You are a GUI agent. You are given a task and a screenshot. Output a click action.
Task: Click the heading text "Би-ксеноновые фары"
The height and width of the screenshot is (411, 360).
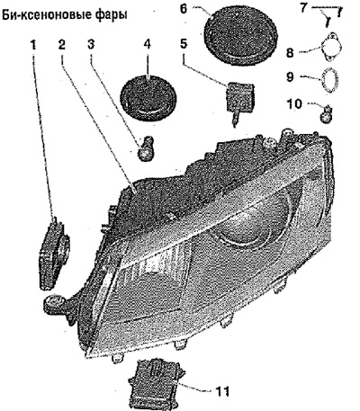[64, 14]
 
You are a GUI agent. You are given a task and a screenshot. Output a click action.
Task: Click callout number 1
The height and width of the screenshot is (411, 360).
[33, 45]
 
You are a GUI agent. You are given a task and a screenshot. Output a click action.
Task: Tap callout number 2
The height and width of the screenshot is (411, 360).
[62, 45]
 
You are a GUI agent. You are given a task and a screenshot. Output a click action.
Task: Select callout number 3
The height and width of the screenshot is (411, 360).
[91, 44]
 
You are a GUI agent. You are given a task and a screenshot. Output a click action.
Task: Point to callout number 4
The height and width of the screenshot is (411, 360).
[147, 44]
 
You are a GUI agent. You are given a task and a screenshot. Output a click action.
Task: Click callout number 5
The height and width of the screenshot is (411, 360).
[184, 43]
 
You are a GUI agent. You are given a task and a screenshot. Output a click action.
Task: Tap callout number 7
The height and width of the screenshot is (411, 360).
[303, 7]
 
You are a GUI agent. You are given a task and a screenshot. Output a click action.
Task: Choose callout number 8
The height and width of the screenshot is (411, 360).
[290, 52]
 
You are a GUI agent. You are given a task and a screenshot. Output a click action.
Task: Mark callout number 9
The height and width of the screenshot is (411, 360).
[290, 76]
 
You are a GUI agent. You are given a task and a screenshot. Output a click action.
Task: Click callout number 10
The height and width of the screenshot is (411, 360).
[294, 104]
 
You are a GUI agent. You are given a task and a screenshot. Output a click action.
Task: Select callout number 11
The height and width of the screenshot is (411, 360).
[222, 391]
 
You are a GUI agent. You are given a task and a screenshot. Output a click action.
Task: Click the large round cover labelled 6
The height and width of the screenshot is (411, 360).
[239, 37]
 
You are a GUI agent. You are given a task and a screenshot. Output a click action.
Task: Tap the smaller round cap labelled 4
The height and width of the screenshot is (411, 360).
[148, 96]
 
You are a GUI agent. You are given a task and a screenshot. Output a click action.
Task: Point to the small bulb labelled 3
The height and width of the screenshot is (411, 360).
[145, 148]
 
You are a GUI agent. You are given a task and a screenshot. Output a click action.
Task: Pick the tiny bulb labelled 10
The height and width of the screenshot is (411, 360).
[327, 114]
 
